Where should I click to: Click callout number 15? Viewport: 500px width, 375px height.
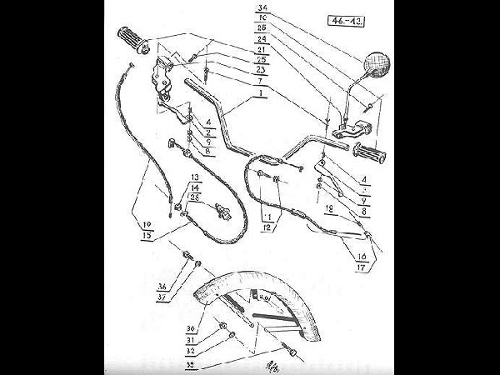(x=146, y=234)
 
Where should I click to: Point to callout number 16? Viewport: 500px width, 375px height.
(x=361, y=257)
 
